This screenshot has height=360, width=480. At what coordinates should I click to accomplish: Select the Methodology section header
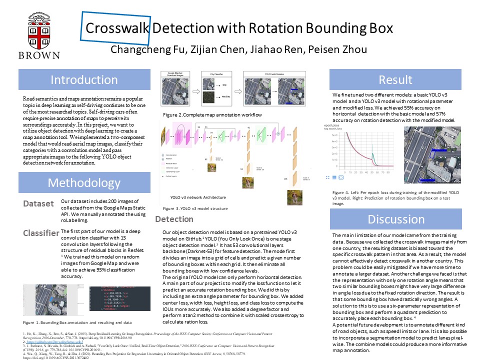click(x=84, y=183)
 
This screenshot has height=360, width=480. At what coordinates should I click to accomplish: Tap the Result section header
click(x=395, y=80)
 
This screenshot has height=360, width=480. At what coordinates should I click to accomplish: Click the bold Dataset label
click(x=38, y=204)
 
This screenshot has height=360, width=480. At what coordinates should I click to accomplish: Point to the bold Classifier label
click(x=40, y=233)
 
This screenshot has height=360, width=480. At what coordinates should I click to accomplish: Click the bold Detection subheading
click(x=188, y=219)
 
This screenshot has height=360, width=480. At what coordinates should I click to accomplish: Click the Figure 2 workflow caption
click(x=212, y=115)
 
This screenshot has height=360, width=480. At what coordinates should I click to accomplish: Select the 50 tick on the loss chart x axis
click(x=372, y=172)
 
